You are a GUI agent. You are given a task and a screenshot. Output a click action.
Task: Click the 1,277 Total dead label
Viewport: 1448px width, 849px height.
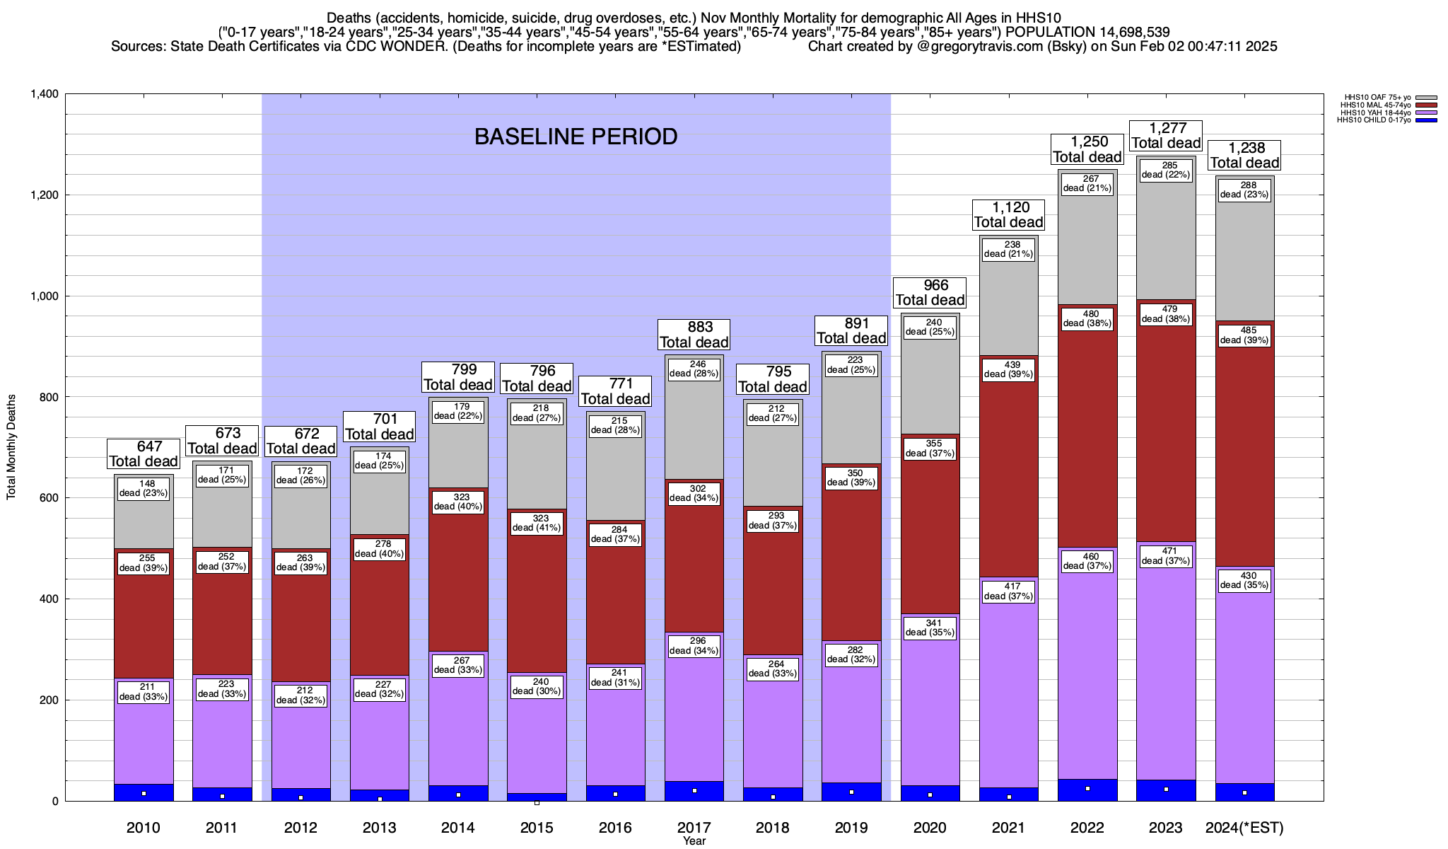coord(1166,135)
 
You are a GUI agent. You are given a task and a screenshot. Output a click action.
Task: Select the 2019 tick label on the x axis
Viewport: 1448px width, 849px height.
coord(851,827)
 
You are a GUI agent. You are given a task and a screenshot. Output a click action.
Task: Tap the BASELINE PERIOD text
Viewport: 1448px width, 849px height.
coord(576,137)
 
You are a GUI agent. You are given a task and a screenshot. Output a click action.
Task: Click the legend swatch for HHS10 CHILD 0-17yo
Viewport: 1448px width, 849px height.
coord(1427,120)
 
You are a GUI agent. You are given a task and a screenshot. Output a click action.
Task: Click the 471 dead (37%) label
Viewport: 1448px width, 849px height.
coord(1166,555)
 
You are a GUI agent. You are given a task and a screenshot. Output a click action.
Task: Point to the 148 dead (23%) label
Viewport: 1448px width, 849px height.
coord(144,488)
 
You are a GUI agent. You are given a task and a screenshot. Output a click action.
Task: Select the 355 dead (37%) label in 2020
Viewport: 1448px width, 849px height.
coord(930,449)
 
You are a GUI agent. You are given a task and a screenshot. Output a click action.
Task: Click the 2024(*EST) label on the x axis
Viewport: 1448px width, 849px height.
coord(1244,827)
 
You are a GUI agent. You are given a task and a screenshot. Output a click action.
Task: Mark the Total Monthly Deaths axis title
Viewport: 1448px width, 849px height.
coord(11,447)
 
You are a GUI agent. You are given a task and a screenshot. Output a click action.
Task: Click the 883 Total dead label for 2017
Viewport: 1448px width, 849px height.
coord(694,335)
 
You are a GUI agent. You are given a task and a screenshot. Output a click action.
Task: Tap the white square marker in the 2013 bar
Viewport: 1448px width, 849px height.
coord(380,799)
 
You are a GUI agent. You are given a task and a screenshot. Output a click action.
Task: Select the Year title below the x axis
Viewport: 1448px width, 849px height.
coord(694,841)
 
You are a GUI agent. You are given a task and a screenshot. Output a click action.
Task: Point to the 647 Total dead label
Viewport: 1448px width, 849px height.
coord(144,454)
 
